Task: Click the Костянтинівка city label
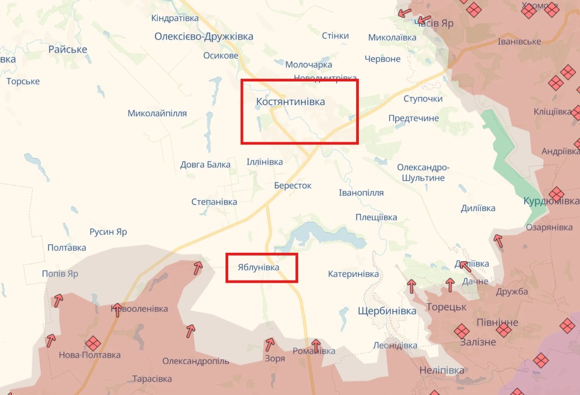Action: point(291,101)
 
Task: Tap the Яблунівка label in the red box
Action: point(259,267)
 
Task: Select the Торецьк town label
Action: point(446,307)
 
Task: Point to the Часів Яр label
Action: point(434,23)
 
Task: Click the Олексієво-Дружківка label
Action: point(204,36)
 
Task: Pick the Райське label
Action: point(68,49)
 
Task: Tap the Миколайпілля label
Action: point(157,113)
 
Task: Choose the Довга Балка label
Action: point(205,164)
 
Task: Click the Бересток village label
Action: point(293,186)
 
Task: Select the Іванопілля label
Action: point(361,193)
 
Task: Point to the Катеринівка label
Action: point(353,274)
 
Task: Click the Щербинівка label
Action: point(387,311)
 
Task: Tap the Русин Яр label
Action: point(108,232)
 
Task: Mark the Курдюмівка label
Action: point(551,201)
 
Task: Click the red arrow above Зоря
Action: point(269,344)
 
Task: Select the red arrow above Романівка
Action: point(315,345)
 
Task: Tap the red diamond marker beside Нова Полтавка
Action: point(93,343)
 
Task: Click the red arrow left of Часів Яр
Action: point(404,12)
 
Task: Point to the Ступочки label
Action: point(423,99)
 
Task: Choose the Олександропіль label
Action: point(196,361)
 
